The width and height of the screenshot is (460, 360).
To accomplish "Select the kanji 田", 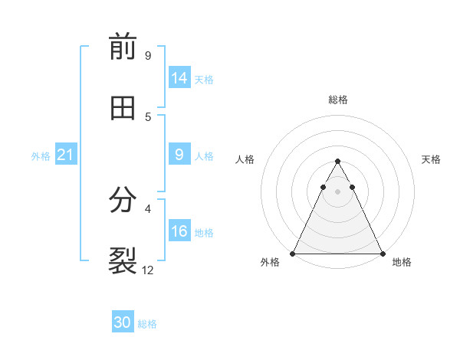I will (x=123, y=108).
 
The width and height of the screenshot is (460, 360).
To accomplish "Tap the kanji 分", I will (x=123, y=200).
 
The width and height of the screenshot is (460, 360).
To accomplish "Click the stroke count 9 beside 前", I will (x=147, y=55).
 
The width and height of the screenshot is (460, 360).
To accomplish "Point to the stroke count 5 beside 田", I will (x=147, y=116).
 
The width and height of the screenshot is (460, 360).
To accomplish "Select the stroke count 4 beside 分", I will (x=147, y=208).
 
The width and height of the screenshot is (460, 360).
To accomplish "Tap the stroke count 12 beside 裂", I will (x=148, y=270).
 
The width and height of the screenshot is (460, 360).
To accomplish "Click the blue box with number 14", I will (x=179, y=77).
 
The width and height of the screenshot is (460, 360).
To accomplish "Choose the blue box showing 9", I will (x=179, y=155).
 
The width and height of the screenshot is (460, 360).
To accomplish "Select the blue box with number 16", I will (x=179, y=231).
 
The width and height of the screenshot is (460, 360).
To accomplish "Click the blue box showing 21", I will (x=65, y=155).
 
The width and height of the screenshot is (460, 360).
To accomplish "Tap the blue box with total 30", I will (x=123, y=323).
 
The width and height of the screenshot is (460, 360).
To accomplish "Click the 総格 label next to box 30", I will (x=148, y=324).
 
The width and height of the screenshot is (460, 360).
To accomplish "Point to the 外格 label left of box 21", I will (x=41, y=155).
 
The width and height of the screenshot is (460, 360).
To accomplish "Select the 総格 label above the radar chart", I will (x=337, y=100).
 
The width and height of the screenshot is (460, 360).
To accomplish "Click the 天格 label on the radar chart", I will (x=431, y=159).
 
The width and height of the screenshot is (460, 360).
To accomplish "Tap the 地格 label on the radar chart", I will (x=402, y=263).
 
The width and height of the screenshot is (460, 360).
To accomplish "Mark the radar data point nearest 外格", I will (x=293, y=253).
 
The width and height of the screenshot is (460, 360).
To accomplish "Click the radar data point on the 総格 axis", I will (x=337, y=162).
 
